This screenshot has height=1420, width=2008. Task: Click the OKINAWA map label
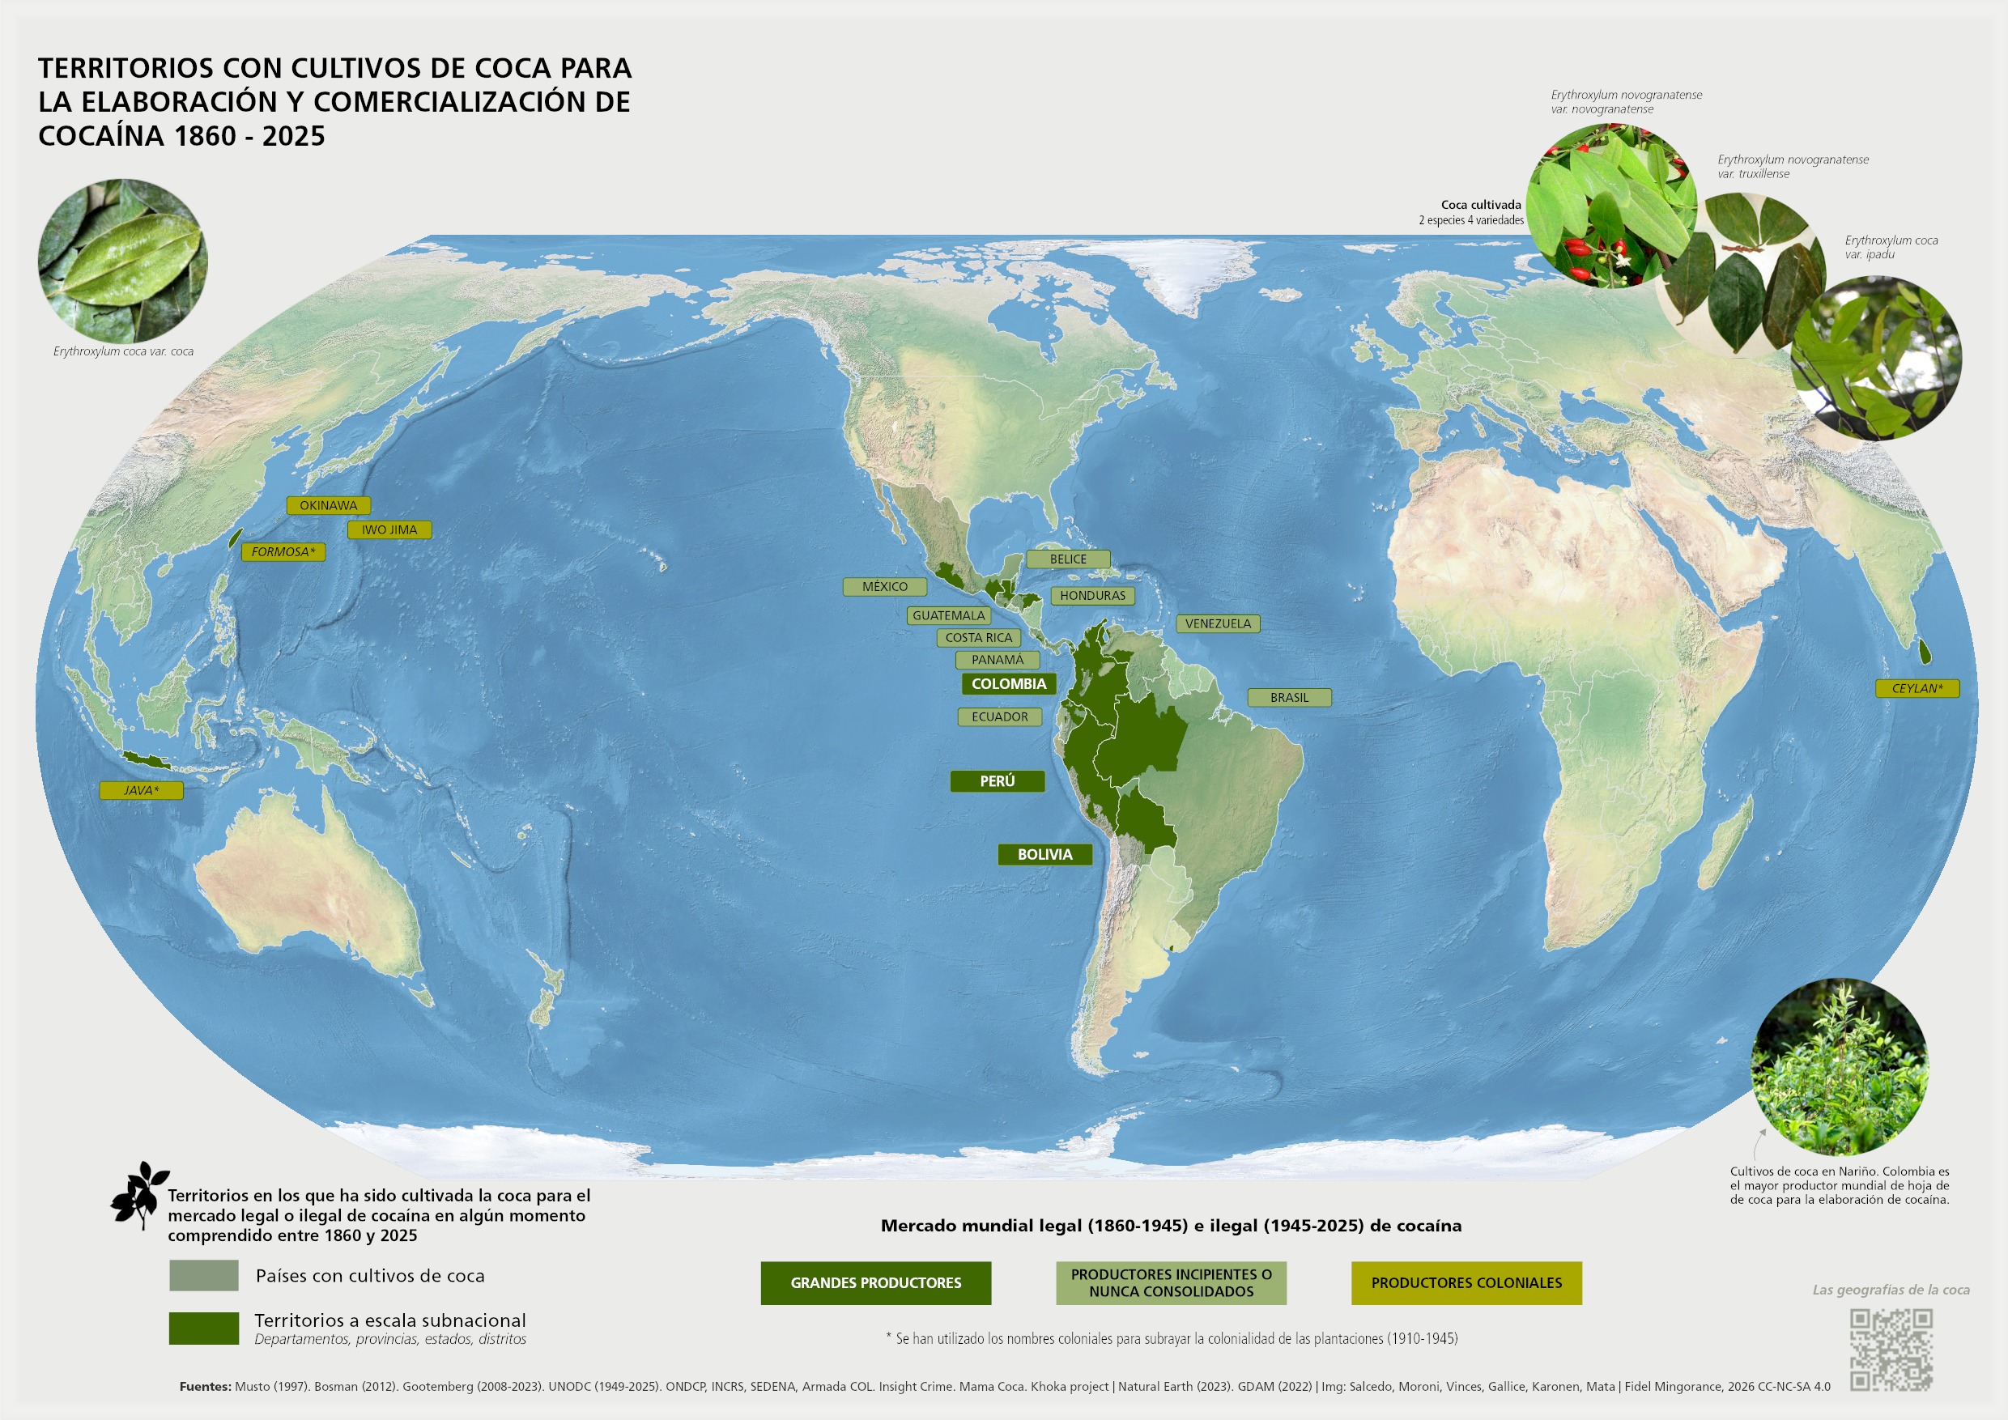click(x=328, y=505)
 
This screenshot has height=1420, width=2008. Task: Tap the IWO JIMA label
click(x=389, y=530)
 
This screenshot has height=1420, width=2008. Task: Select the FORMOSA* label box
click(x=283, y=552)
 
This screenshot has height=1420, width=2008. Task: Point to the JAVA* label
click(x=141, y=790)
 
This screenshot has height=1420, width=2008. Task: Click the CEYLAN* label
click(x=1917, y=688)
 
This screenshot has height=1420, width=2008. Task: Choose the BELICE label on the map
click(x=1068, y=559)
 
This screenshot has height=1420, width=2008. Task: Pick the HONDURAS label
click(x=1092, y=596)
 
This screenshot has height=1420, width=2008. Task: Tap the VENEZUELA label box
click(x=1219, y=623)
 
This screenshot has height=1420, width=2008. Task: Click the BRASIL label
click(x=1289, y=698)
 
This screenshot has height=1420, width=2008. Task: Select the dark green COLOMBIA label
click(x=1008, y=684)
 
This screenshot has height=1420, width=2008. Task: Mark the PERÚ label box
click(x=997, y=780)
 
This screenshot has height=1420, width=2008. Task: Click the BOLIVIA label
click(x=1044, y=854)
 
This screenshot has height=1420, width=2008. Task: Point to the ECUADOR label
click(x=1000, y=717)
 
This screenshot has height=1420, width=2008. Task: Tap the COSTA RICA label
click(x=979, y=637)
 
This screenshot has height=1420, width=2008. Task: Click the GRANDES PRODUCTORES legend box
click(x=875, y=1282)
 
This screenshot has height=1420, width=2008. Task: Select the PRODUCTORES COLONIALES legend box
click(x=1466, y=1282)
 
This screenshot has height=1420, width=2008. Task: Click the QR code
click(x=1891, y=1350)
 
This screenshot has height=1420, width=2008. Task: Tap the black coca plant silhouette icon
click(x=139, y=1194)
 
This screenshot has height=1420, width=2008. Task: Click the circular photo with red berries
click(x=1610, y=206)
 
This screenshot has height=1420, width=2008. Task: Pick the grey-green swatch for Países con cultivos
click(x=204, y=1276)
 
